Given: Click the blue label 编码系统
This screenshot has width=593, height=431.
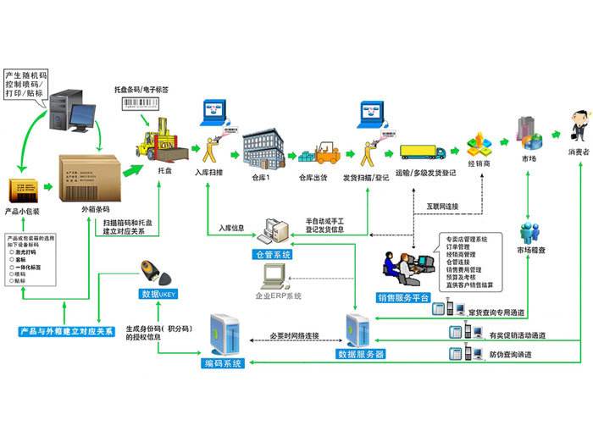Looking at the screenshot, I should (223, 363).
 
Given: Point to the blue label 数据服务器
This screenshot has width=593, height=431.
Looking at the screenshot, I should (365, 352).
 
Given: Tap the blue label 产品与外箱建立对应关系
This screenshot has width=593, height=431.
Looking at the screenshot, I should (66, 331).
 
